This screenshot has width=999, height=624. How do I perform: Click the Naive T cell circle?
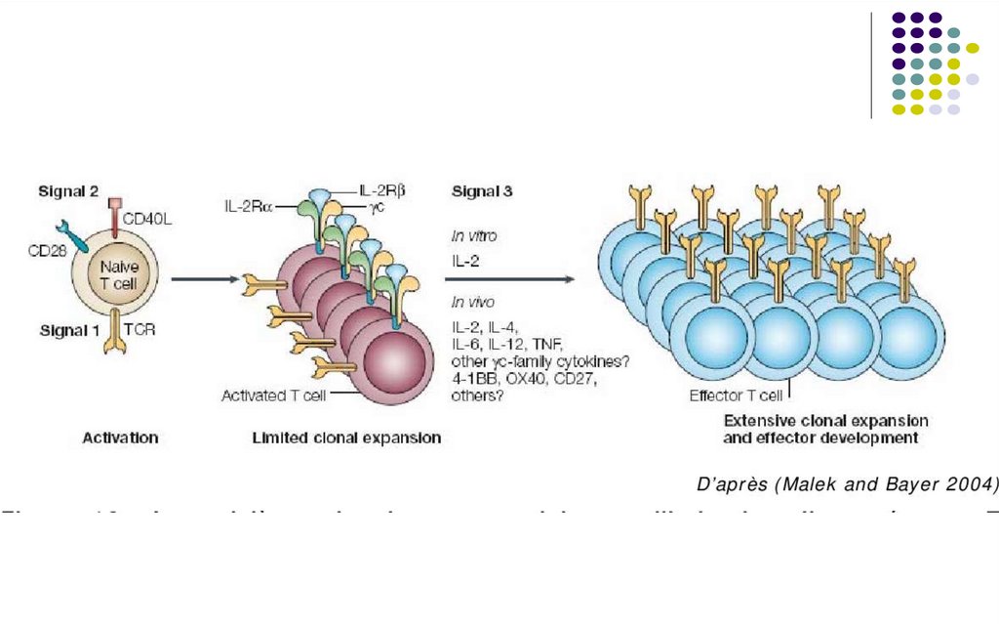pyautogui.click(x=119, y=264)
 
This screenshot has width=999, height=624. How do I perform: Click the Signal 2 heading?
pyautogui.click(x=68, y=190)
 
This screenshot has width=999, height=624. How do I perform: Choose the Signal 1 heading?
pyautogui.click(x=68, y=330)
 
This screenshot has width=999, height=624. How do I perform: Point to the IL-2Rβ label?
pyautogui.click(x=382, y=189)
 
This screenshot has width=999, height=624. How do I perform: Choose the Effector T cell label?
pyautogui.click(x=736, y=395)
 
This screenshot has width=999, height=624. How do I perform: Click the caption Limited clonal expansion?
pyautogui.click(x=346, y=438)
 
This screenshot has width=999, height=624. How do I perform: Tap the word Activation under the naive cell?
pyautogui.click(x=120, y=438)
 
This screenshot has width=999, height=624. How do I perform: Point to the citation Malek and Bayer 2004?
pyautogui.click(x=848, y=484)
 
